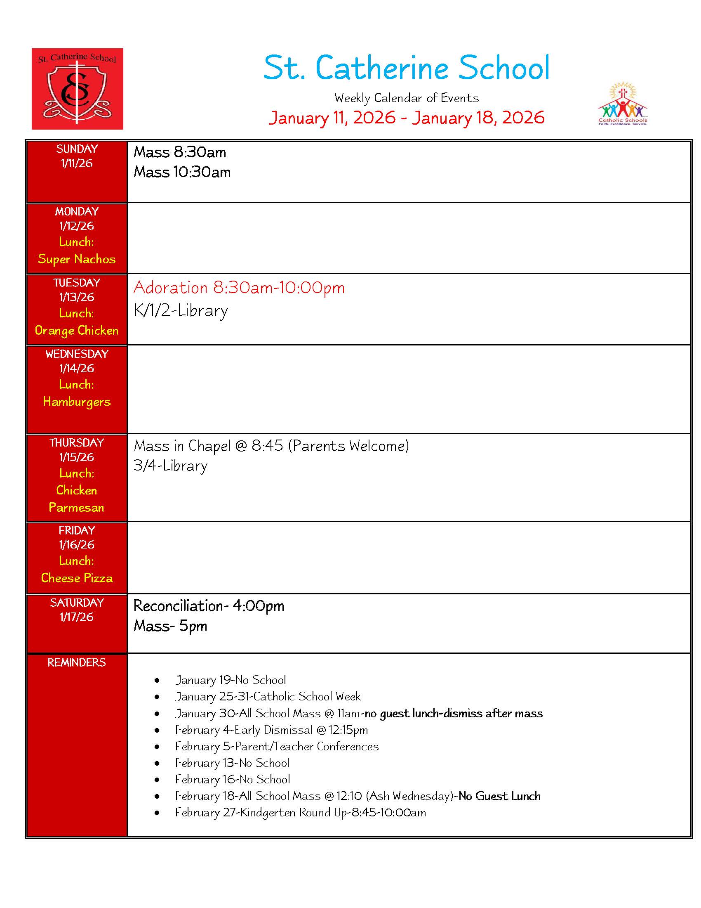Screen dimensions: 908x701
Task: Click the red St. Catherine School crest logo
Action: click(77, 89)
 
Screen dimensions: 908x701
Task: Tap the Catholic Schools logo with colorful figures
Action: click(622, 104)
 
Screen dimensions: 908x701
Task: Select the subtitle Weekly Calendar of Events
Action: click(406, 98)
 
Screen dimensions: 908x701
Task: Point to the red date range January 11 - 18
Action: click(406, 118)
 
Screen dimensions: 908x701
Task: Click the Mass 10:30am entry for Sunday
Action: click(182, 172)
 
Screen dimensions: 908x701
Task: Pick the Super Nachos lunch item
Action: click(77, 259)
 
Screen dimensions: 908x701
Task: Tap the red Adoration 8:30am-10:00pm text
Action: click(239, 288)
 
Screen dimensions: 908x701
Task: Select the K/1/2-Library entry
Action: click(181, 310)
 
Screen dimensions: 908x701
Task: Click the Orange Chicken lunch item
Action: click(77, 331)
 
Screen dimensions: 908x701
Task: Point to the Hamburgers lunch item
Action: click(77, 402)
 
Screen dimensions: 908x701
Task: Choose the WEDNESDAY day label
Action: click(77, 354)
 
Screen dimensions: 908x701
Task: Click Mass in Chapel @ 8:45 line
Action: click(271, 446)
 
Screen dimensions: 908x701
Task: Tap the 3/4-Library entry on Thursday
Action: click(170, 466)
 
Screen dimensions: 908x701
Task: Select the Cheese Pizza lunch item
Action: click(77, 578)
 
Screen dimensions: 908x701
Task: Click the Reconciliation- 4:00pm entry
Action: click(209, 606)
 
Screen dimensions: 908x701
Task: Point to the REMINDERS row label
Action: click(77, 663)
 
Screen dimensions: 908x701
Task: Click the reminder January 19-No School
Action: click(231, 680)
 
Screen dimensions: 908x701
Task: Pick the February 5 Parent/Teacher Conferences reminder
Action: click(277, 747)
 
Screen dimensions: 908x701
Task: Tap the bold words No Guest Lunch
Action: click(499, 796)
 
